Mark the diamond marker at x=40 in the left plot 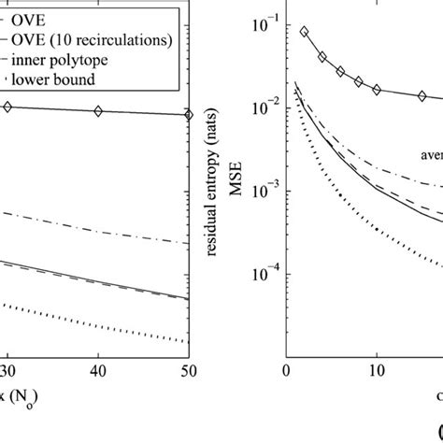click(98, 112)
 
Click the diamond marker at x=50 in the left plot click(188, 115)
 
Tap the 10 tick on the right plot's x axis click(377, 370)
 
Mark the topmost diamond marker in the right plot click(304, 32)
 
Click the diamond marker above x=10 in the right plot click(377, 90)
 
